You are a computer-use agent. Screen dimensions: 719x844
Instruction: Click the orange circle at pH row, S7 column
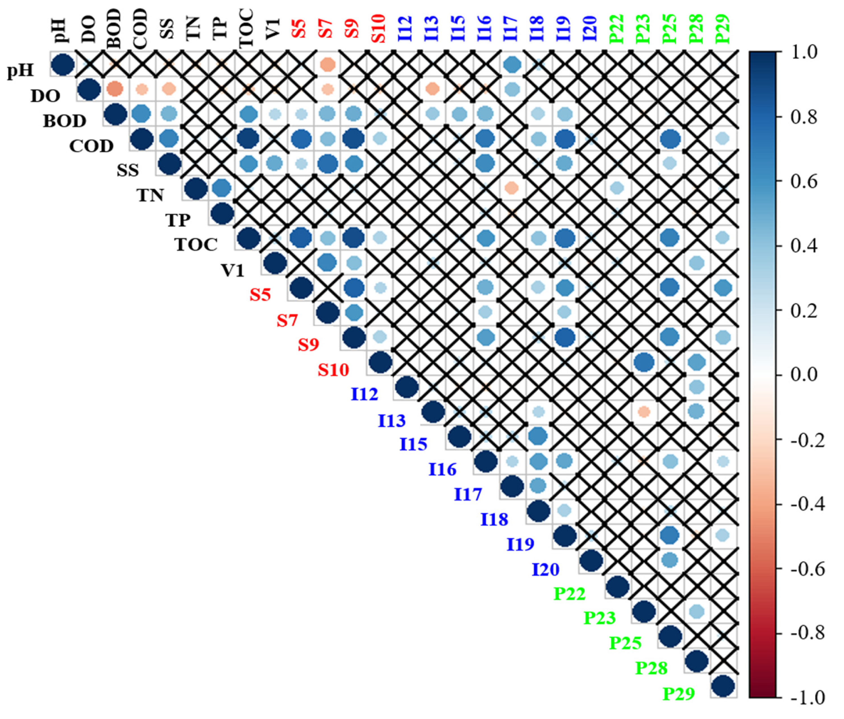327,64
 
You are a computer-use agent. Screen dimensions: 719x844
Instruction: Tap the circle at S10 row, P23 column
644,362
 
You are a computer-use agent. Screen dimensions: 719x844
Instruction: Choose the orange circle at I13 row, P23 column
644,412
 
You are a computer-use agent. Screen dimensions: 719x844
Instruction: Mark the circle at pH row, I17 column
512,64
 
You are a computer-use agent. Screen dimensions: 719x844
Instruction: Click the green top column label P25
670,28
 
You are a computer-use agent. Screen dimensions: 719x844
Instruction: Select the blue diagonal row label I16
442,470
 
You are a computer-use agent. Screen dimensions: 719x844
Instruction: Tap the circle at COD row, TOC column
248,138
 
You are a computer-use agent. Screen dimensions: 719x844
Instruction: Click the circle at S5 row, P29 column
723,288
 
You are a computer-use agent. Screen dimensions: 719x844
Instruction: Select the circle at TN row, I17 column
512,188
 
